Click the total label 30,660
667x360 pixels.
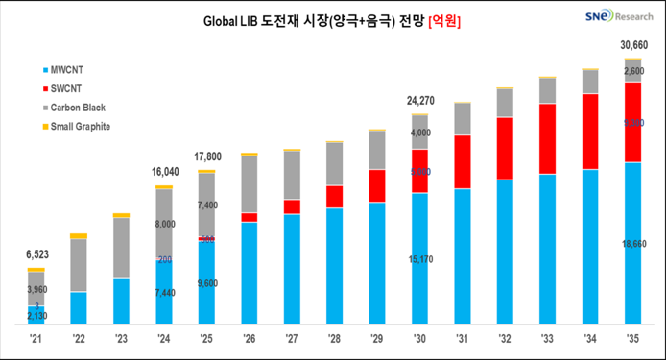click(x=632, y=45)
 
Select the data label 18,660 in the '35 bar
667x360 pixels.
click(x=632, y=247)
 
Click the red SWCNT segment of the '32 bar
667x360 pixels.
click(x=505, y=148)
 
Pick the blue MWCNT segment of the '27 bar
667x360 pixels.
click(x=292, y=269)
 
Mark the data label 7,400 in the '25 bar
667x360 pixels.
click(x=206, y=205)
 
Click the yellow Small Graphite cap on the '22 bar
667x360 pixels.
click(x=79, y=235)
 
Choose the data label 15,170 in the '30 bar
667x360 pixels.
click(x=419, y=258)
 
